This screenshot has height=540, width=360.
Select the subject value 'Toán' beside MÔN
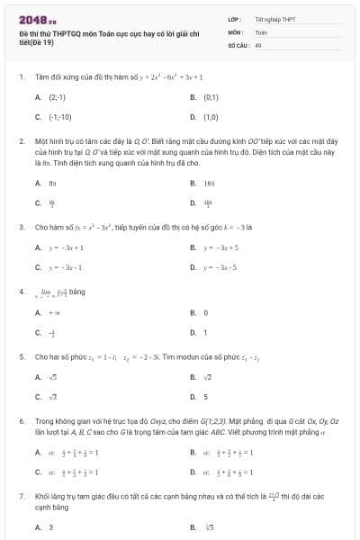[x=261, y=31]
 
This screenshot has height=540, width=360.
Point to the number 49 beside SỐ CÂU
[x=258, y=43]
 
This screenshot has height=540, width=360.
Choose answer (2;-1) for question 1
[x=57, y=96]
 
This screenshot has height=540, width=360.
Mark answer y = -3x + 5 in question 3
[x=220, y=247]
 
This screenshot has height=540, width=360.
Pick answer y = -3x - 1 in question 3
[x=67, y=267]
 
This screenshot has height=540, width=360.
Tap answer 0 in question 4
[x=206, y=311]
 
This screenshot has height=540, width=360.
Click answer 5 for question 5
[x=205, y=396]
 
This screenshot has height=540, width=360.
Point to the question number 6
[x=21, y=420]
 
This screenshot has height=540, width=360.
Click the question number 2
[x=21, y=141]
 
